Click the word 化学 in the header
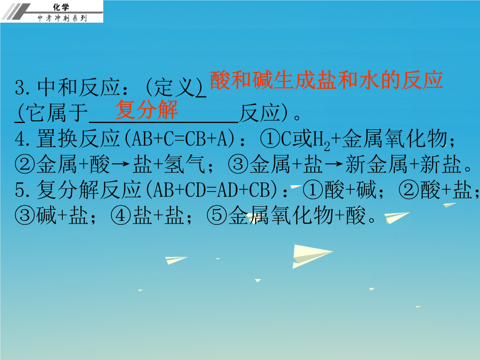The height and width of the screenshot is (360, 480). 61,7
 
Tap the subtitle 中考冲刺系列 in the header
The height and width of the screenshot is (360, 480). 62,18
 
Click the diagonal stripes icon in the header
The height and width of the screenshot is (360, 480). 15,12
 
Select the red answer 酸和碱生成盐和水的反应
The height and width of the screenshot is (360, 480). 326,80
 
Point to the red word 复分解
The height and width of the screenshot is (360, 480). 147,110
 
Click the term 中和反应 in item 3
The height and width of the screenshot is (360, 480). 78,88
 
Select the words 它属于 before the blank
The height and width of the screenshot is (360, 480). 57,113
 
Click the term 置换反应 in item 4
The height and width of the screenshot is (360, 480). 78,138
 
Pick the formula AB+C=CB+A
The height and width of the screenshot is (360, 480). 179,139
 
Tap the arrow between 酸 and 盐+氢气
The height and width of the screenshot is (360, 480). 120,164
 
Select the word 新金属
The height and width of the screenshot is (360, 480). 377,164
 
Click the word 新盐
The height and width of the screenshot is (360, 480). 441,164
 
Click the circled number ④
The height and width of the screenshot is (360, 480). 120,215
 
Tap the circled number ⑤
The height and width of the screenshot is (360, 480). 217,215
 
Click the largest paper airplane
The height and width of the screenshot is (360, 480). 311,256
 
